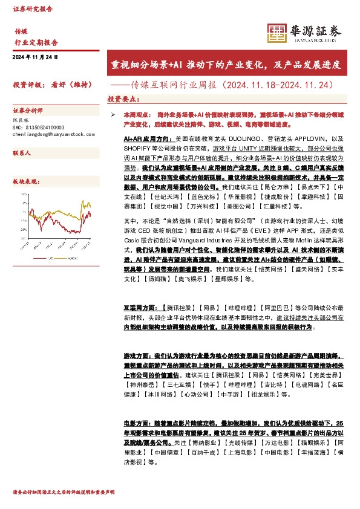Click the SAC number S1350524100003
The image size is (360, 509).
[x=38, y=128]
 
